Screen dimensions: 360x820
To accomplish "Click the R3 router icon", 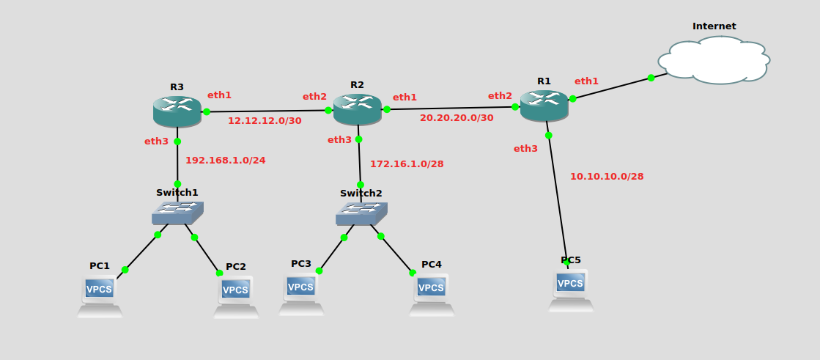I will click(177, 111).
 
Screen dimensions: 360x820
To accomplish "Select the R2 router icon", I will click(357, 109).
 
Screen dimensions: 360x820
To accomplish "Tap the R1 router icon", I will click(544, 106).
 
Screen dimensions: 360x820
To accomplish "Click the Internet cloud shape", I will click(714, 60).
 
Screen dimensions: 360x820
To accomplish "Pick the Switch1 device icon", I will click(177, 213).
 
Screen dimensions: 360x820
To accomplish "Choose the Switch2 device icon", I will click(361, 213).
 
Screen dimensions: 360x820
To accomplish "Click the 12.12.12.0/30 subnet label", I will click(265, 121).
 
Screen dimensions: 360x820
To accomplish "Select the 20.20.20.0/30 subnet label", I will click(457, 118).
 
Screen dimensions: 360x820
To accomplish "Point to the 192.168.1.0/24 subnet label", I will click(225, 160).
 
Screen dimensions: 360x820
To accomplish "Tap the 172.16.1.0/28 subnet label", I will click(407, 164).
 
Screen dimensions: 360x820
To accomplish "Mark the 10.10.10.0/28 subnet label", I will click(607, 177).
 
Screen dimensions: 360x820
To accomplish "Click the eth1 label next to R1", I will click(586, 81).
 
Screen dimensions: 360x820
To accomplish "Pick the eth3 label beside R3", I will click(156, 142).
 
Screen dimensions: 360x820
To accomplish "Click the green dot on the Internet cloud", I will click(651, 78).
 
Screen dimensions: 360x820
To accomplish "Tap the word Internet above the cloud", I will click(714, 26).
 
